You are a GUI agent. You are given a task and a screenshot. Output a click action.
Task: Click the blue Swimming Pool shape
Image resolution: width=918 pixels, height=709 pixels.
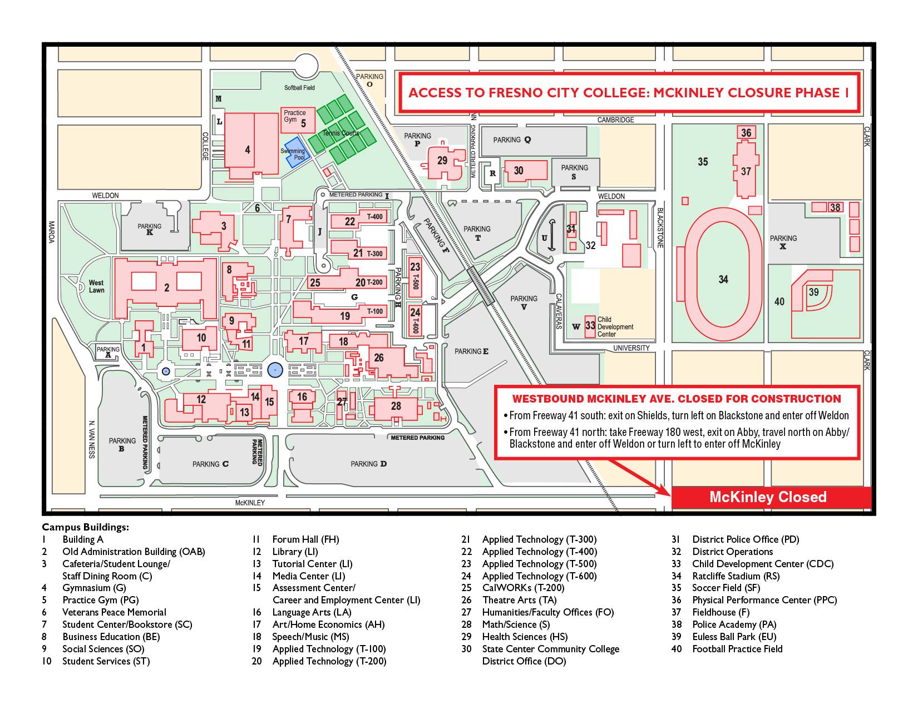(x=298, y=152)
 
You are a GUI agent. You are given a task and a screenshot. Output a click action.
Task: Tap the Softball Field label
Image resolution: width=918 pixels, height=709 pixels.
(x=299, y=88)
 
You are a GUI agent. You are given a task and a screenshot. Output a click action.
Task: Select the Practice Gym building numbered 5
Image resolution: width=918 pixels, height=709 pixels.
(x=298, y=120)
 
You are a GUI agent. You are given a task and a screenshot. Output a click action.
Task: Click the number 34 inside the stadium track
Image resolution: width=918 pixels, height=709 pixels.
(x=723, y=279)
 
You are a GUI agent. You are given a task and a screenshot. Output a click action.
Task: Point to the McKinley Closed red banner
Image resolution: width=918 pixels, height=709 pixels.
(x=771, y=497)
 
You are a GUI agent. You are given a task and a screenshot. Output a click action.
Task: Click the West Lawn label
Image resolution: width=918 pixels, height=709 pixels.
(x=96, y=286)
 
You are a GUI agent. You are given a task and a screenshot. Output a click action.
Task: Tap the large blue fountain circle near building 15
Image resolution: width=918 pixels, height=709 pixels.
(x=275, y=370)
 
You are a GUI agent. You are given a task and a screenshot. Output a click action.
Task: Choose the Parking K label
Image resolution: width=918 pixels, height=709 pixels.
(x=150, y=229)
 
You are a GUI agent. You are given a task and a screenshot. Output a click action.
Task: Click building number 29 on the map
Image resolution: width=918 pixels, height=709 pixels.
(x=442, y=161)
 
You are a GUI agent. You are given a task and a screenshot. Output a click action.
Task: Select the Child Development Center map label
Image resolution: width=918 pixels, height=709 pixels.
(x=615, y=327)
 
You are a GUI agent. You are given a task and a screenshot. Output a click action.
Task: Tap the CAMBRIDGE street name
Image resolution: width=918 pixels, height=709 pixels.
(x=615, y=120)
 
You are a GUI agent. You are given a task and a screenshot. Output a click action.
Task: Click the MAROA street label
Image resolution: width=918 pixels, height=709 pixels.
(x=52, y=232)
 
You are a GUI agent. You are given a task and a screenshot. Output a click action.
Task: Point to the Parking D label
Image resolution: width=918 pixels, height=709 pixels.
(x=368, y=464)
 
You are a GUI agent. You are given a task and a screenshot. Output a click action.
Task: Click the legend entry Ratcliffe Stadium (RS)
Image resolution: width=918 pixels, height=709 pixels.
(x=736, y=576)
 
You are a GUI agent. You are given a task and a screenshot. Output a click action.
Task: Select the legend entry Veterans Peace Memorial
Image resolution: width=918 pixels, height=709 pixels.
(x=114, y=612)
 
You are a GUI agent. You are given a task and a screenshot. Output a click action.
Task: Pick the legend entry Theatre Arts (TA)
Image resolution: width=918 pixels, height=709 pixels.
(x=519, y=600)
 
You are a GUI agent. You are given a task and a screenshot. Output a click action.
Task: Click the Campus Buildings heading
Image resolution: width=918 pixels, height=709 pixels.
(x=85, y=527)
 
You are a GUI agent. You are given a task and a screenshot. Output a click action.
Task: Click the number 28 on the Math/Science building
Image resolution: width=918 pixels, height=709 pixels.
(x=396, y=406)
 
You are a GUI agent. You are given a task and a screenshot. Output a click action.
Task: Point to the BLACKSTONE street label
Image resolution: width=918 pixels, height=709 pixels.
(x=660, y=227)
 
